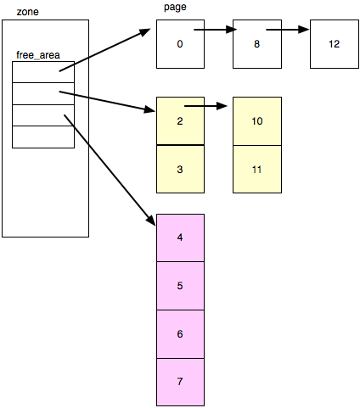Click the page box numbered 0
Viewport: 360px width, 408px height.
coord(180,44)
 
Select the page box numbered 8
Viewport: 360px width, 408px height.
coord(257,44)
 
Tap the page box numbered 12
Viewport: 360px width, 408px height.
coord(334,44)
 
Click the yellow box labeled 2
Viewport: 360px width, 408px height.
coord(180,120)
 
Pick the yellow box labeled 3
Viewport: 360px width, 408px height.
coord(180,170)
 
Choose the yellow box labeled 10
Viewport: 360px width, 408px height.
coord(257,120)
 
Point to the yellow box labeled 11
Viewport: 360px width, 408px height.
coord(257,170)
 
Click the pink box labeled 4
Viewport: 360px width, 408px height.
coord(180,238)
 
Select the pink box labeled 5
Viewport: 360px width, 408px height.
coord(180,286)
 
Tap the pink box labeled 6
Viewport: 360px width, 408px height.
coord(180,334)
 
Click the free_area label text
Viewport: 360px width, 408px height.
coord(38,55)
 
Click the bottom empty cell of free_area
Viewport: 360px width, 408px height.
coord(43,137)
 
